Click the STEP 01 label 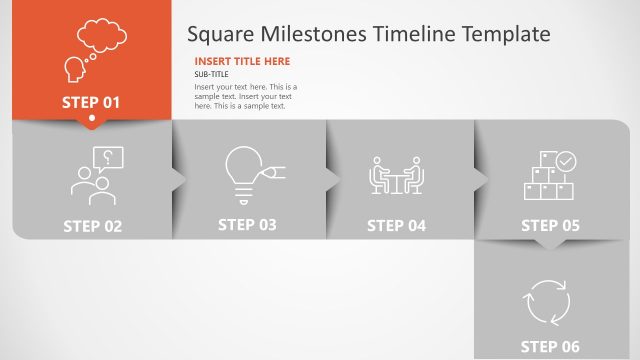91,102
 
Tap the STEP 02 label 92,226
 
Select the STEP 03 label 247,225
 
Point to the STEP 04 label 396,226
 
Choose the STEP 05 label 550,226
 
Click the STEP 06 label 550,347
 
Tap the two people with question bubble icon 96,176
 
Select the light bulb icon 246,173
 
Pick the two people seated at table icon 397,176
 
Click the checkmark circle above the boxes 566,160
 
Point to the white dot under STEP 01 92,121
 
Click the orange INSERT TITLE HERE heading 242,61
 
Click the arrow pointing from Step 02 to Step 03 179,179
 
